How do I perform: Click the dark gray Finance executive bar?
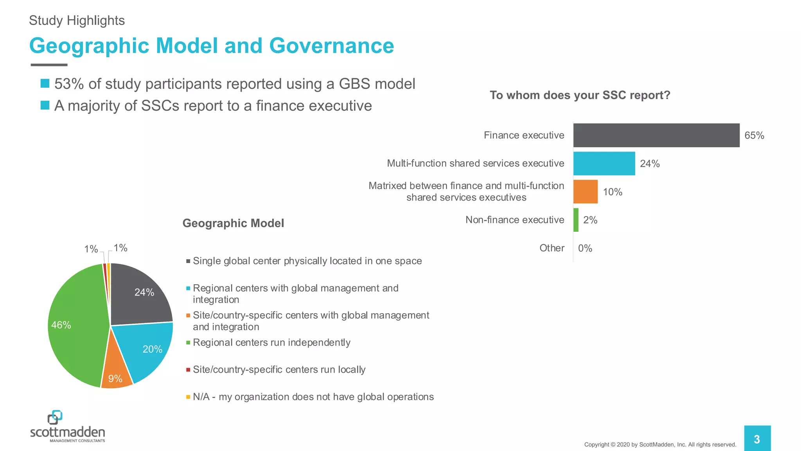tap(656, 135)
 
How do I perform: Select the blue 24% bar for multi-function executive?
tap(604, 164)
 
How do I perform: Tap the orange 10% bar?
tap(585, 192)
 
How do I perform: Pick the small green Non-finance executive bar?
tap(576, 220)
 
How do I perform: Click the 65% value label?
tap(754, 135)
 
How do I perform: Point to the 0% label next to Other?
tap(585, 248)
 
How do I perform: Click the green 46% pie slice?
tap(74, 325)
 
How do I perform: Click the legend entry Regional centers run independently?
tap(271, 343)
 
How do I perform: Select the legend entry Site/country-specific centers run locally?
tap(279, 370)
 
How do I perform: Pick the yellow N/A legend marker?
tap(188, 397)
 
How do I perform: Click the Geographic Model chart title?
tap(233, 223)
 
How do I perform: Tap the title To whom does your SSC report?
tap(580, 95)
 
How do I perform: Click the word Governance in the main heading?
tap(331, 46)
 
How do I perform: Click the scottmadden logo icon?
tap(55, 417)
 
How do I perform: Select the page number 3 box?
tap(757, 439)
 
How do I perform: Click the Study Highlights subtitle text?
tap(77, 20)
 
